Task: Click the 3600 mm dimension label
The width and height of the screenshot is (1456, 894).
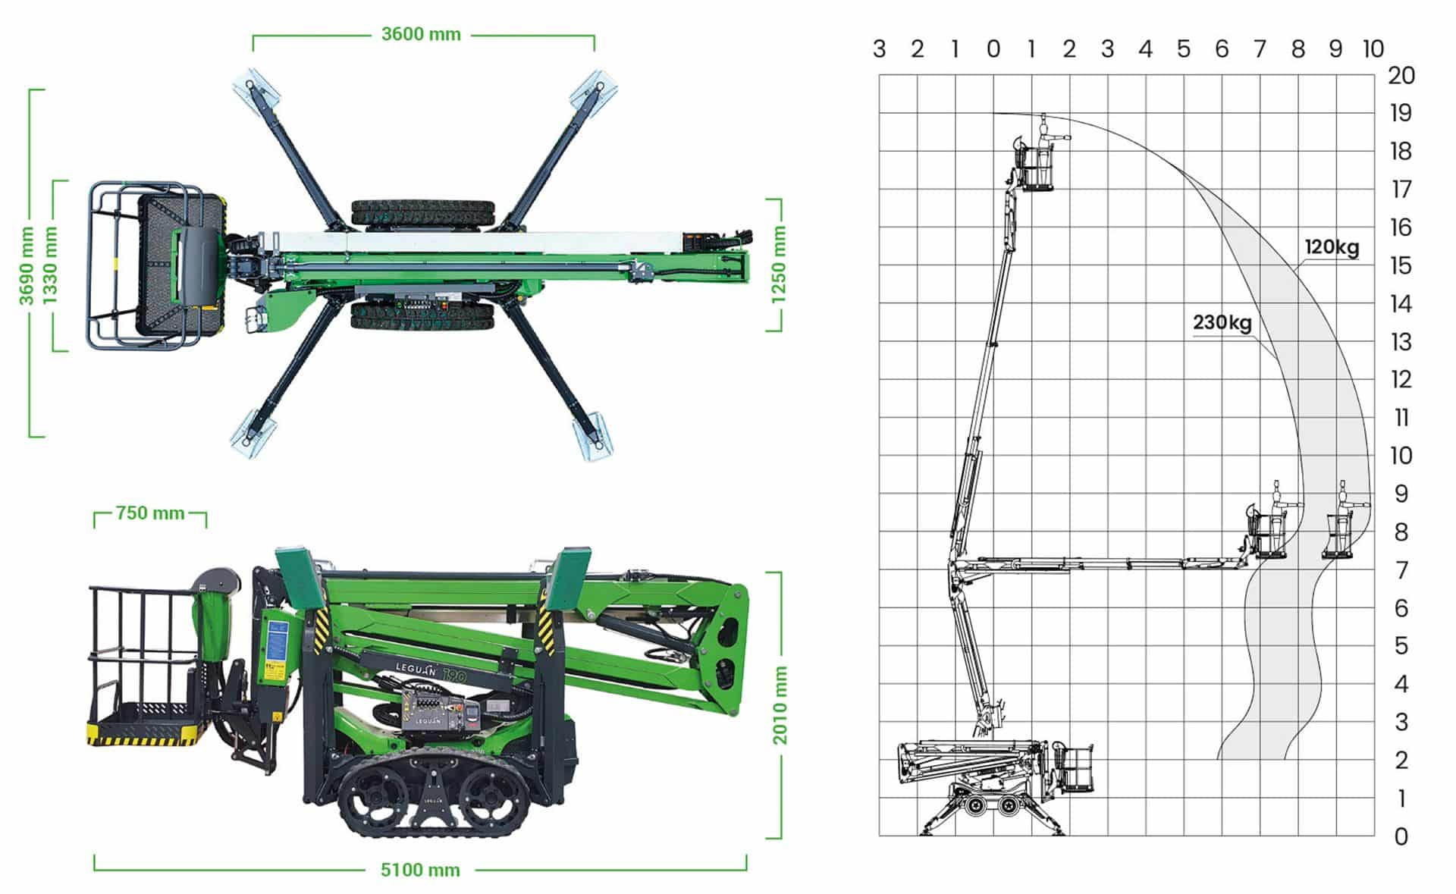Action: click(x=421, y=34)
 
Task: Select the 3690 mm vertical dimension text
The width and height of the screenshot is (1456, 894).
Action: click(x=27, y=265)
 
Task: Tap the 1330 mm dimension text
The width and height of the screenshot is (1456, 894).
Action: click(x=50, y=265)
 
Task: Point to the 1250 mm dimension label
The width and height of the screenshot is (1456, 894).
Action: click(x=779, y=265)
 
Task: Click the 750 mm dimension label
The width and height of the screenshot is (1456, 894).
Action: click(x=150, y=513)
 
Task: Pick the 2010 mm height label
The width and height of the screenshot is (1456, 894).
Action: click(x=780, y=705)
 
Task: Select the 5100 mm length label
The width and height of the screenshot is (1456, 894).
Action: click(x=420, y=870)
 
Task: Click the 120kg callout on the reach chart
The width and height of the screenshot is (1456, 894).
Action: click(x=1332, y=247)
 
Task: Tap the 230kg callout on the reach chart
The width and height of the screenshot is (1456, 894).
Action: click(x=1222, y=322)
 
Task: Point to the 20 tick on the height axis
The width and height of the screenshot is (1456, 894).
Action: click(x=1401, y=75)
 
